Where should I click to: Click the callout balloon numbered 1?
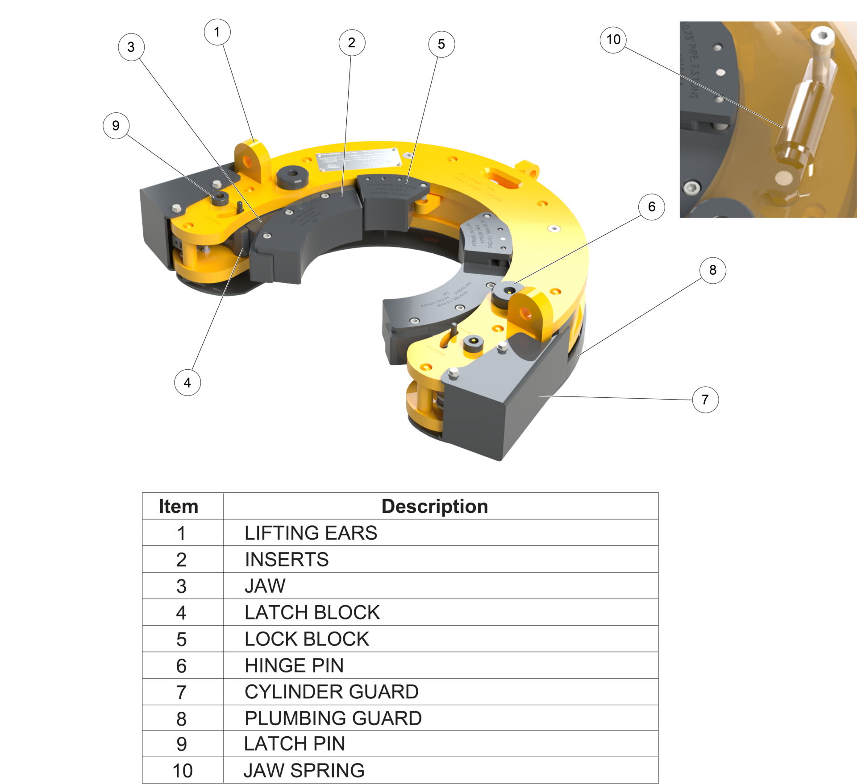[217, 32]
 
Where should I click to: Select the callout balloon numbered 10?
[613, 40]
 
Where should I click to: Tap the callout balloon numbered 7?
[705, 399]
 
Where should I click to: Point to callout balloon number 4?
[187, 382]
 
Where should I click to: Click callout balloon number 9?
[116, 126]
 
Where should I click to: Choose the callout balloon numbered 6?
[651, 207]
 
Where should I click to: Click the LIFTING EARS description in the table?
[311, 533]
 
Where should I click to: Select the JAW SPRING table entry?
[304, 770]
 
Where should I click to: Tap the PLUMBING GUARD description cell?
[333, 718]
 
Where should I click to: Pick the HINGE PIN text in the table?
[294, 665]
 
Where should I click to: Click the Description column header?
[434, 507]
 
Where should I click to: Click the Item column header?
[178, 507]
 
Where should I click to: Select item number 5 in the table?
[181, 639]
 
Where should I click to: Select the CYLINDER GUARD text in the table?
[331, 692]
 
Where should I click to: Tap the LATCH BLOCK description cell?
[312, 612]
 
